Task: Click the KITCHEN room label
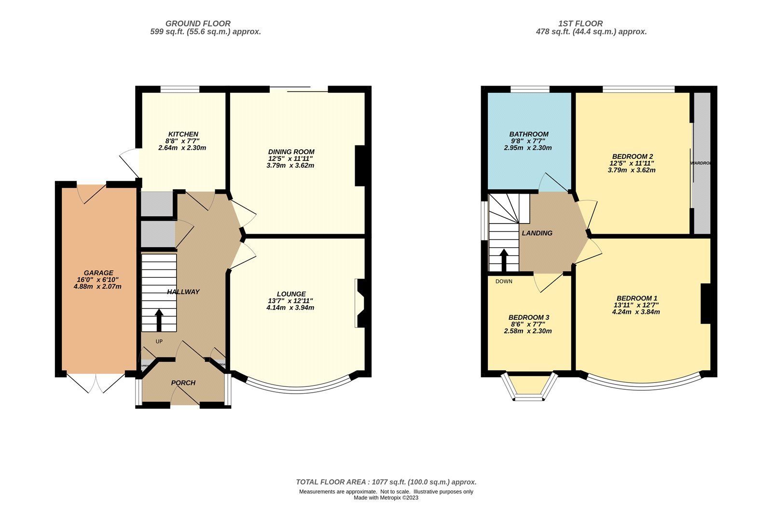coord(183,134)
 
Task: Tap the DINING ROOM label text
coord(291,152)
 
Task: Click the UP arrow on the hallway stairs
coord(159,319)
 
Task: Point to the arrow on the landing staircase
coord(503,260)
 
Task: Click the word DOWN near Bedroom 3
coord(504,281)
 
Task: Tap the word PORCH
coord(183,383)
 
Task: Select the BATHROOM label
coord(529,134)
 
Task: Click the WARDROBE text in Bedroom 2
coord(700,163)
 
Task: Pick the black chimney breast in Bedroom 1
coord(706,303)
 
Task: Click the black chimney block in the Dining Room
coord(360,166)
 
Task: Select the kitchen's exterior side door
coord(129,162)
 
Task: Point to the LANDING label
coord(537,233)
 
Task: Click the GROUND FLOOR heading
coord(198,23)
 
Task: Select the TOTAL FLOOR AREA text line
coord(386,482)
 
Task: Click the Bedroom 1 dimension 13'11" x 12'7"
coord(635,305)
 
